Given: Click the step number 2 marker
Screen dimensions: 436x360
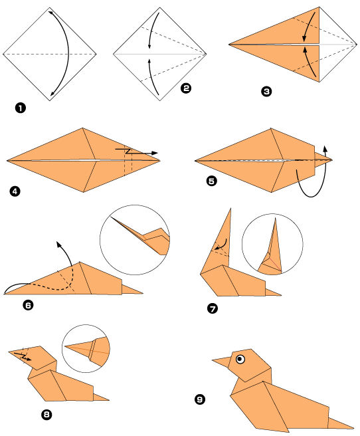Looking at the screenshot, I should (186, 88).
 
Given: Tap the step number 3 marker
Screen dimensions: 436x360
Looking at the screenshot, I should (266, 93).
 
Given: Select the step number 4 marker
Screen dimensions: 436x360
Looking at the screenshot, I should (15, 193).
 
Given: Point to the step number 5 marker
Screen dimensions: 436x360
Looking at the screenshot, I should (212, 179).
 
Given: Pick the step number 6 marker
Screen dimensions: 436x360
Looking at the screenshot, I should (28, 305).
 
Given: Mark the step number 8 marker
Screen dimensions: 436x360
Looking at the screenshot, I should (46, 415).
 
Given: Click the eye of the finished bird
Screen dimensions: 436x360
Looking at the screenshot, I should (240, 360).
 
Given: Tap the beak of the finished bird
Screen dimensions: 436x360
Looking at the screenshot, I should (221, 363).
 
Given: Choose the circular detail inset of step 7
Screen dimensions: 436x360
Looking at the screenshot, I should (272, 245).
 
